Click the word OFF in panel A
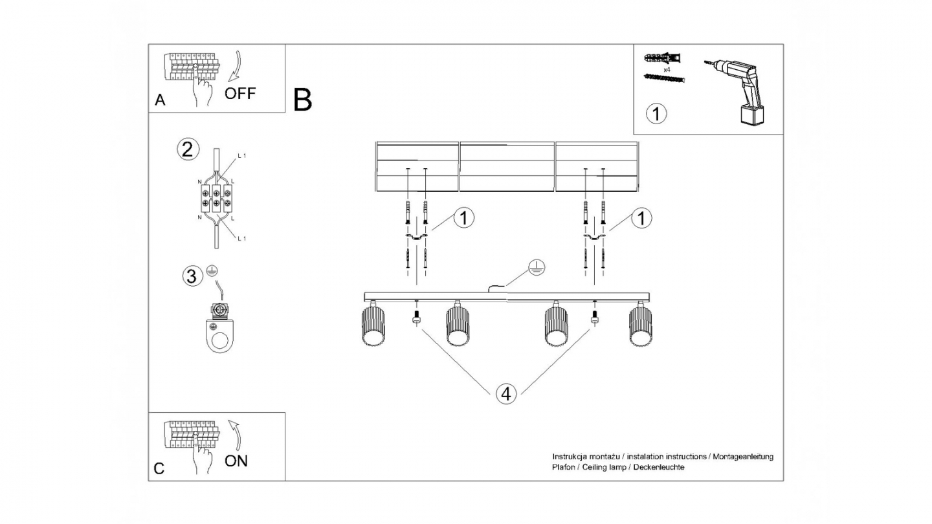(x=240, y=93)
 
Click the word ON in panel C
(x=236, y=461)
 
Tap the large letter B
(x=302, y=100)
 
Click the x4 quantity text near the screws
(x=666, y=68)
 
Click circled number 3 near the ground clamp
(x=191, y=276)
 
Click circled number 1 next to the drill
(x=656, y=115)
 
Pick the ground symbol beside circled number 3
(x=211, y=272)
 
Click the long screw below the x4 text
(x=664, y=78)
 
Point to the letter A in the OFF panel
(x=160, y=100)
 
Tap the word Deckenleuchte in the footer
(x=661, y=467)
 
